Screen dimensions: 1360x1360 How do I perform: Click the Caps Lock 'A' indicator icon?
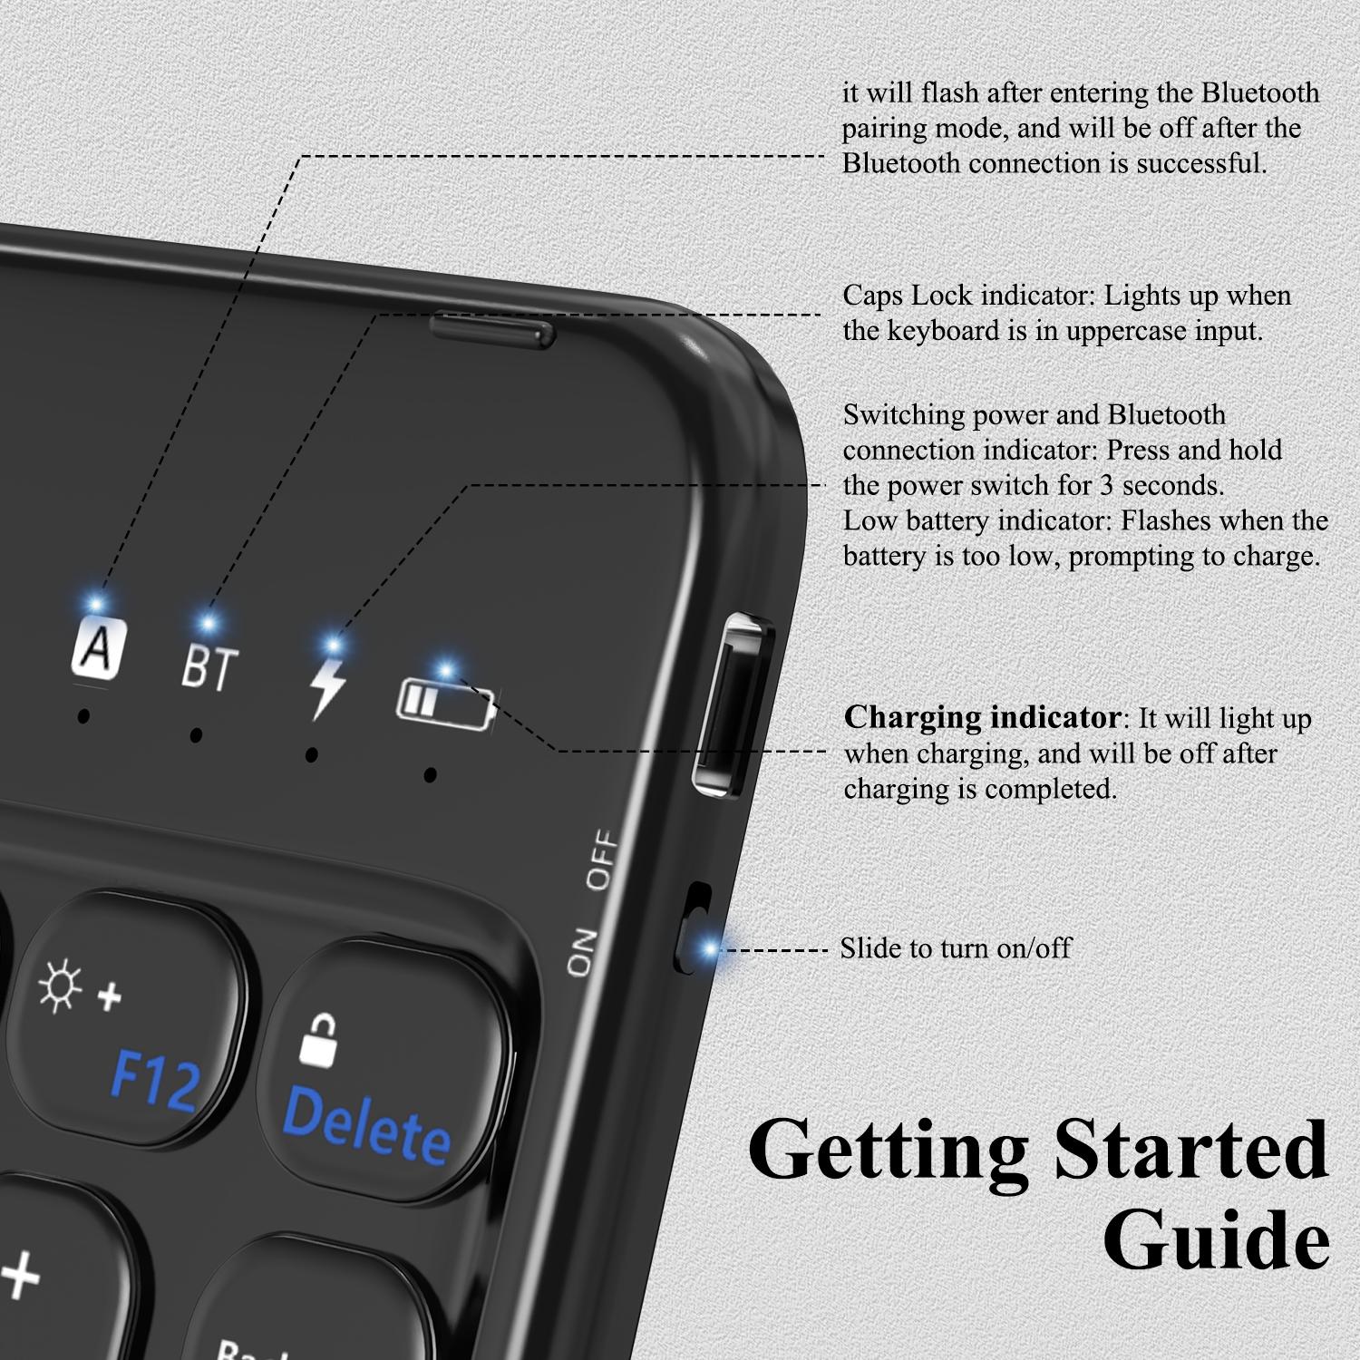coord(96,647)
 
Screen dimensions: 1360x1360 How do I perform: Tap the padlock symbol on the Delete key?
coord(320,1040)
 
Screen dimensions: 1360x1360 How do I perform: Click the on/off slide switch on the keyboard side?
coord(695,928)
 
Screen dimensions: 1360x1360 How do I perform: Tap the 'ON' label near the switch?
coord(582,952)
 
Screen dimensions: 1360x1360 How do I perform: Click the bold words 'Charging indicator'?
coord(983,718)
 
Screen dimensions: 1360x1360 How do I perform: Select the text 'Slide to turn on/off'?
coord(956,948)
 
